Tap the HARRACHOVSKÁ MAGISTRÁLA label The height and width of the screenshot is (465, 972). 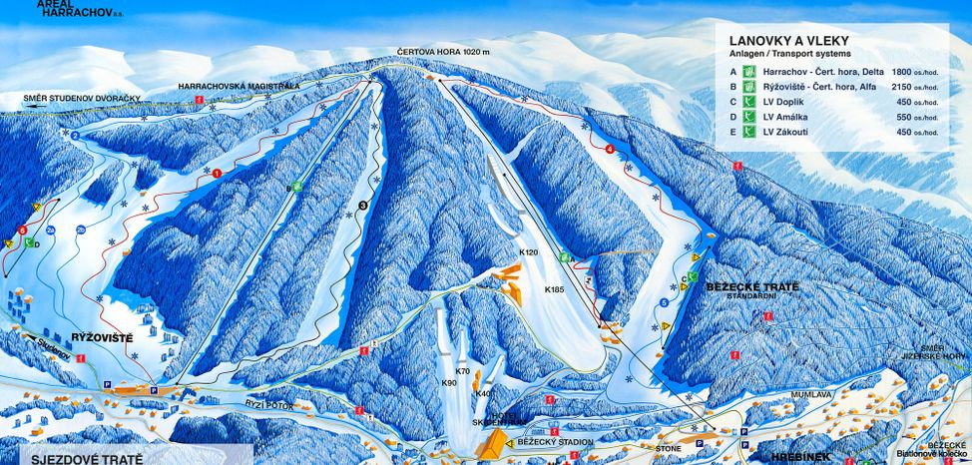pos(239,87)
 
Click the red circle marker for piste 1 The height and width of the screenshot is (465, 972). pos(216,173)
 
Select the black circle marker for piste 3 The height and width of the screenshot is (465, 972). pos(362,206)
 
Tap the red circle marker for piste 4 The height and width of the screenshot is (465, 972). pos(609,149)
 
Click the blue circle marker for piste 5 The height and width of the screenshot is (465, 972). pos(664,302)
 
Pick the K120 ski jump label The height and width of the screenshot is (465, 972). pos(528,253)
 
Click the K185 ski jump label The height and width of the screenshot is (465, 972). pos(554,289)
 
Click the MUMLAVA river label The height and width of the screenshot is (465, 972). pos(785,395)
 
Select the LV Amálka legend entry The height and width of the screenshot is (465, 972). pos(786,117)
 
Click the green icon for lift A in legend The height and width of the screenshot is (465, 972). pos(750,72)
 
